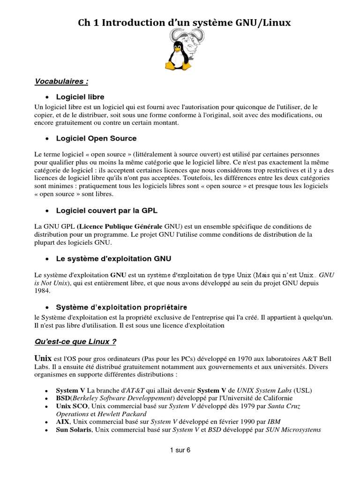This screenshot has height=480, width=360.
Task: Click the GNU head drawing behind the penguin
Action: point(193,43)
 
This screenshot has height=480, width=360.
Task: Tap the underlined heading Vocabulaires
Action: point(61,82)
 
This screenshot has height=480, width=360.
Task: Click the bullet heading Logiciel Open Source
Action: point(96,138)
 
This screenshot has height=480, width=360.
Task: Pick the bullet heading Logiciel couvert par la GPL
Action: point(106,210)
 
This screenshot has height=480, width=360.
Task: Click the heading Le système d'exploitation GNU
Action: point(113,258)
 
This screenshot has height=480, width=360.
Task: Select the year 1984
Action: point(42,291)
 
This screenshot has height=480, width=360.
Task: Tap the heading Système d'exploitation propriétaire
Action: point(121,307)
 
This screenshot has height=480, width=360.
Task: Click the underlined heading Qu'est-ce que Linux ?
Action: point(75,342)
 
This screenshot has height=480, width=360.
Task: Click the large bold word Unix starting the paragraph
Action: point(44,358)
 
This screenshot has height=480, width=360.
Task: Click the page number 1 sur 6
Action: point(180,450)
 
